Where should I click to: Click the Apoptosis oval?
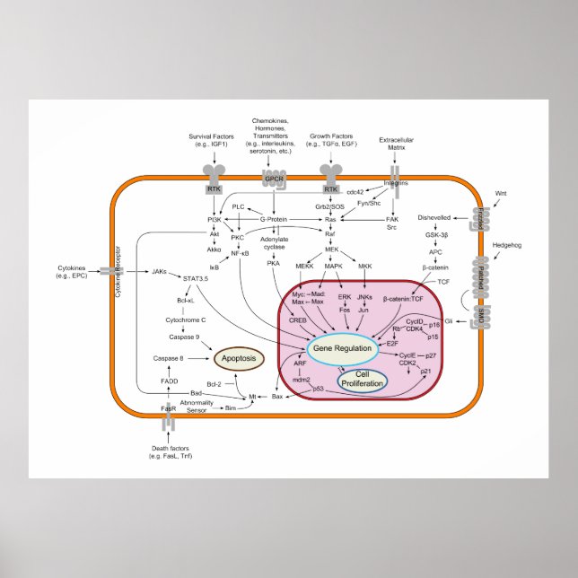[x=239, y=358]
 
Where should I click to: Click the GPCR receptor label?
[x=275, y=179]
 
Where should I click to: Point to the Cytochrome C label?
[x=186, y=319]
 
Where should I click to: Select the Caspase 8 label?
[x=168, y=358]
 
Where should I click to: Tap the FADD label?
[x=169, y=381]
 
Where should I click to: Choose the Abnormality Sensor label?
[x=197, y=405]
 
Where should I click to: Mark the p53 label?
[x=318, y=389]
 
